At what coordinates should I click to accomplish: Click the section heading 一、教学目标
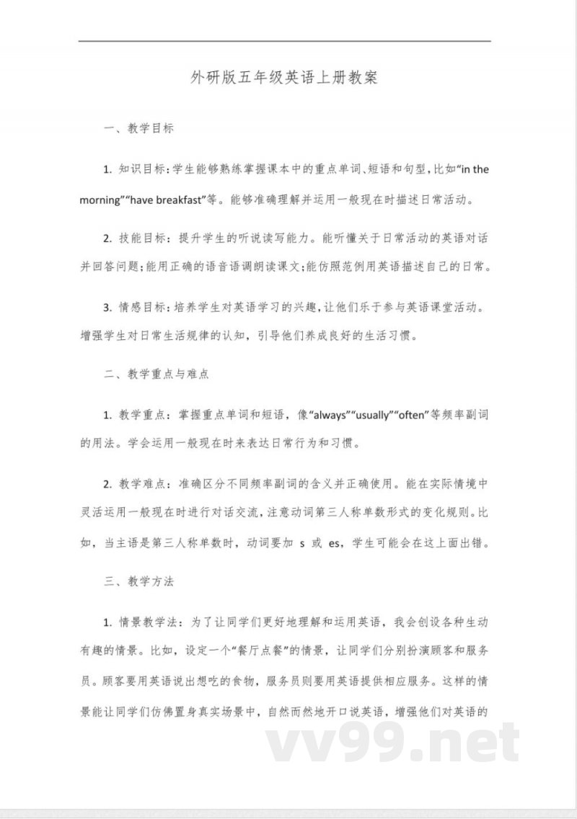(x=138, y=130)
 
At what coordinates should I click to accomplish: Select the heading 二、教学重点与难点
(x=157, y=375)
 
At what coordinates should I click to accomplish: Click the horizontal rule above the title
(x=284, y=41)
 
